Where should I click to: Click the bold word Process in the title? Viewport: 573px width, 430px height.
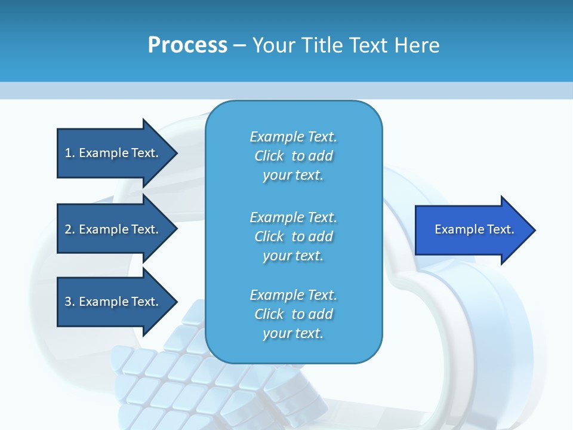tap(187, 45)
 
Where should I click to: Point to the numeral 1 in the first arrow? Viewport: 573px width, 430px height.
tap(68, 153)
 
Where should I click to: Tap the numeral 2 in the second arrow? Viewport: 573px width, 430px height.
tap(68, 229)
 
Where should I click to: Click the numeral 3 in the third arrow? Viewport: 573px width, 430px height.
tap(68, 302)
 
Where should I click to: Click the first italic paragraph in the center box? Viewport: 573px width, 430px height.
tap(293, 156)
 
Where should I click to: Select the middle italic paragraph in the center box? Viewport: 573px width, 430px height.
tap(293, 236)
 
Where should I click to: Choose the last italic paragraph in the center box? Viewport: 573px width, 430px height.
tap(293, 314)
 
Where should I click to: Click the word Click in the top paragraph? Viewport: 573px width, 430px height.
tap(269, 156)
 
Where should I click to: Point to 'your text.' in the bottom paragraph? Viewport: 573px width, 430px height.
tap(293, 333)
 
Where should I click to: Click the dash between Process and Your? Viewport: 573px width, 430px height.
tap(240, 45)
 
